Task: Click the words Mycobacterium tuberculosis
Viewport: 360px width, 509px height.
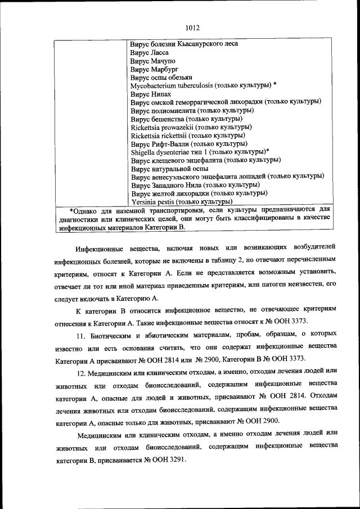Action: tap(175, 85)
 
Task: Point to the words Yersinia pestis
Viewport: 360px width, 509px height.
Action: tap(152, 201)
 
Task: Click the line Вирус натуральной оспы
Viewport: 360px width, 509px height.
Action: tap(169, 168)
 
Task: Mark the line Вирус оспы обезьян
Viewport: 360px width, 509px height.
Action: tap(161, 77)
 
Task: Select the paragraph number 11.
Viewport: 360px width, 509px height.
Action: tap(81, 336)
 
